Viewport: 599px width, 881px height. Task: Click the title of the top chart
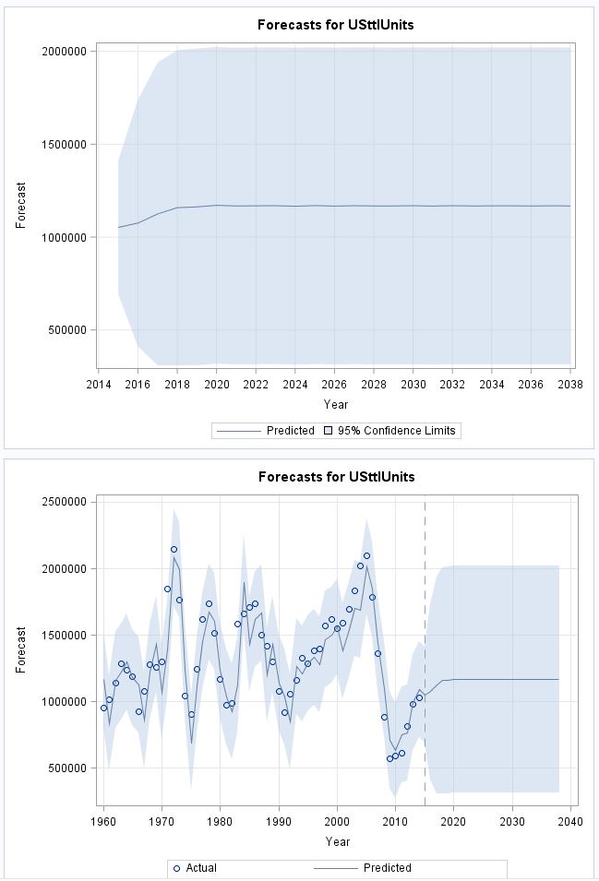coord(335,25)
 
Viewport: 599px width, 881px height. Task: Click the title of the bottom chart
coord(335,477)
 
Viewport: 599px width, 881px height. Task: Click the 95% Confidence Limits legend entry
coord(396,431)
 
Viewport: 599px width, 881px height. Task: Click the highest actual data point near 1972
coord(174,550)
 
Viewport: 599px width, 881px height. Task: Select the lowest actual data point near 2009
coord(389,758)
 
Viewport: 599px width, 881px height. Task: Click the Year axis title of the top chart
coord(335,404)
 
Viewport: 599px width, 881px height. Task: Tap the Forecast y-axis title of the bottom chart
coord(20,650)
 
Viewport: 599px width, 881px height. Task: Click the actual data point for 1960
coord(103,708)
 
